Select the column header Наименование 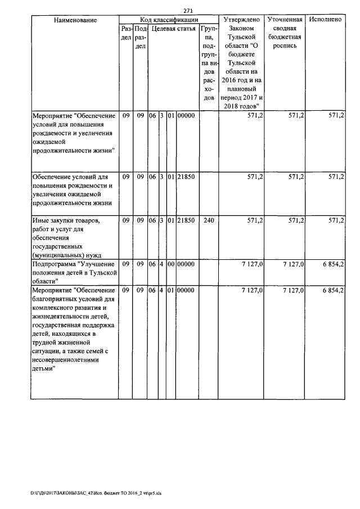[75, 20]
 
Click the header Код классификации [168, 20]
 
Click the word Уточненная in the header [285, 20]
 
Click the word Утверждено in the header [241, 20]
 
